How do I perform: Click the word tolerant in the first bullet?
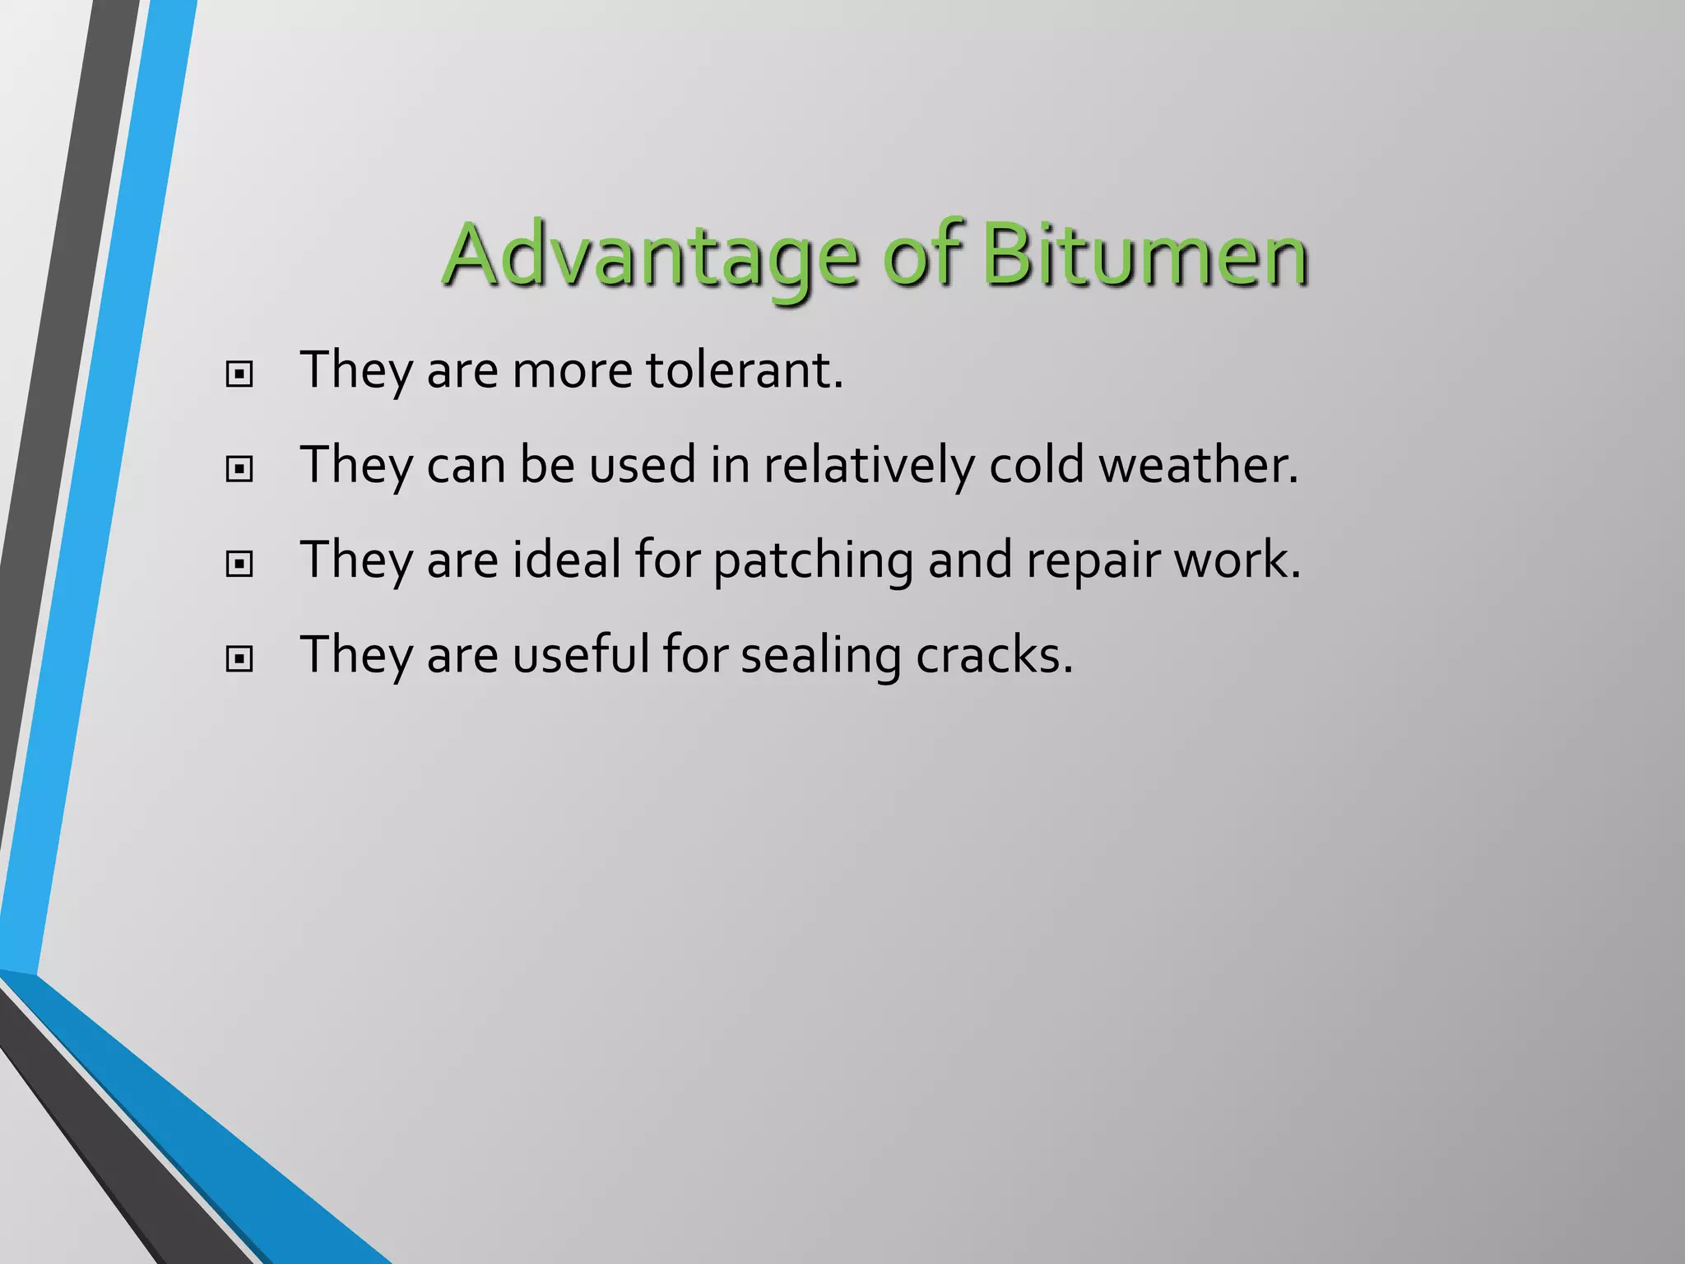click(x=744, y=369)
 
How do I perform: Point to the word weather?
click(x=1198, y=465)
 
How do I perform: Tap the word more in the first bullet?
click(x=573, y=371)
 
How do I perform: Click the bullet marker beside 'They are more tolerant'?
click(x=239, y=374)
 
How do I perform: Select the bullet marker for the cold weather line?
click(x=239, y=469)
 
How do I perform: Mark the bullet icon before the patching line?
click(x=239, y=564)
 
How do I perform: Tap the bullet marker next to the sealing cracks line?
click(x=239, y=658)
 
